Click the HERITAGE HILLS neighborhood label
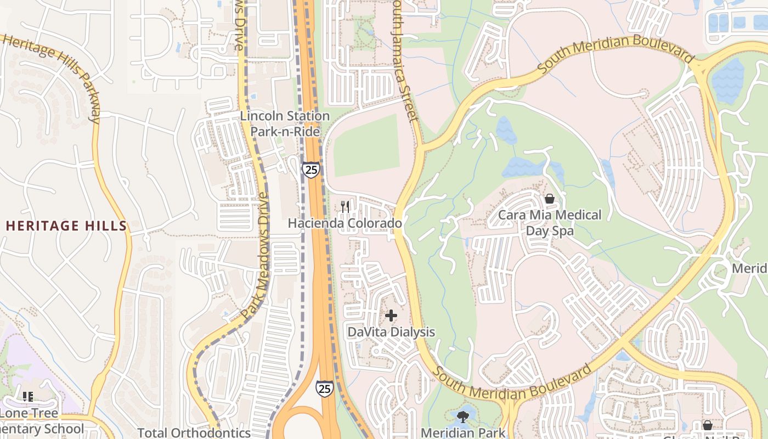66,226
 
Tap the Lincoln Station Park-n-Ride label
285,123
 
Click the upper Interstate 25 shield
310,170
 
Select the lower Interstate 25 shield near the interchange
324,389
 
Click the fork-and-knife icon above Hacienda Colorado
345,207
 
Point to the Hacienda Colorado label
345,223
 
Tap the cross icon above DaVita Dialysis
391,316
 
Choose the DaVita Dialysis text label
391,332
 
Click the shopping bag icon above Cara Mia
549,199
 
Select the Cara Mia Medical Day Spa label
550,222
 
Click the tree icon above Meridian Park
462,417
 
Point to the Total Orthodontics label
194,432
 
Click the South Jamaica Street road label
405,60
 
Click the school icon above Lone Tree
27,397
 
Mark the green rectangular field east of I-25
366,145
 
